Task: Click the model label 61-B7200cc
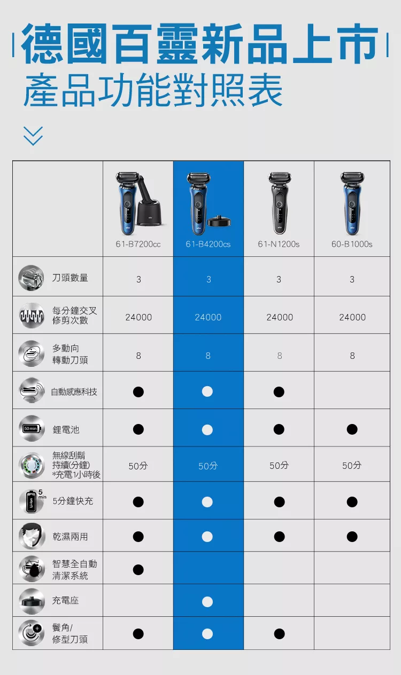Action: [x=138, y=244]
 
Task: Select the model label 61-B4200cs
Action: [x=208, y=244]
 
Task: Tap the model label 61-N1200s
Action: [x=279, y=244]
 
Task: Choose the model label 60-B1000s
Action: [x=352, y=244]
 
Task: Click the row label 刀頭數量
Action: [x=70, y=278]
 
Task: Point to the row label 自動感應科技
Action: [x=74, y=392]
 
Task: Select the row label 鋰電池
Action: [x=66, y=429]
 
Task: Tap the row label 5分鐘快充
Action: [x=73, y=501]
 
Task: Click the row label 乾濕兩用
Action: [x=70, y=536]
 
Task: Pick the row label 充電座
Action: [x=65, y=601]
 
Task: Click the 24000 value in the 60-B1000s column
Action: [x=352, y=317]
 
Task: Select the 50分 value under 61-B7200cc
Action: [x=138, y=466]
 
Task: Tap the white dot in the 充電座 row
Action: [x=208, y=602]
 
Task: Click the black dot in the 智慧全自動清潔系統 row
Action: [x=138, y=570]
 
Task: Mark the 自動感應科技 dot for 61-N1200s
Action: [x=279, y=392]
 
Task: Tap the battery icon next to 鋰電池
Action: [x=31, y=429]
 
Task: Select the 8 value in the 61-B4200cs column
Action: [x=208, y=356]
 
